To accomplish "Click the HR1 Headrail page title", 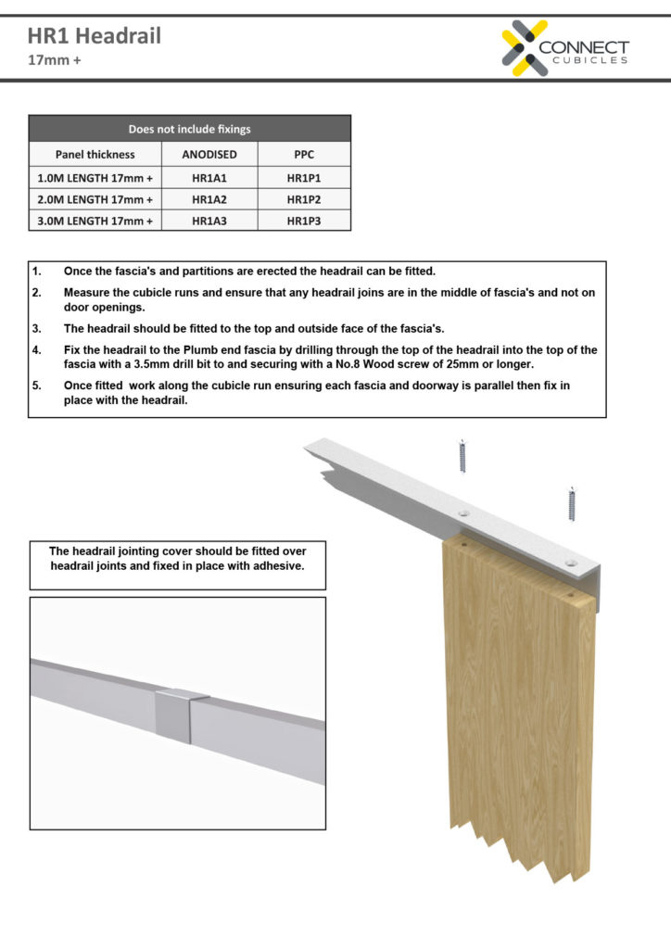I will pyautogui.click(x=94, y=37).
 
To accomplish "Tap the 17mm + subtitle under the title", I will pyautogui.click(x=53, y=62).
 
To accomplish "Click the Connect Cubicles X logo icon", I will pyautogui.click(x=525, y=48).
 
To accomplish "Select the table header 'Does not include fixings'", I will pyautogui.click(x=189, y=129).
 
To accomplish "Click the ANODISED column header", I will pyautogui.click(x=209, y=154).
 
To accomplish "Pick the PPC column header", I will pyautogui.click(x=303, y=154).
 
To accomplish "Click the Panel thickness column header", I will pyautogui.click(x=95, y=154).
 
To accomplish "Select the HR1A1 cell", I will pyautogui.click(x=209, y=176).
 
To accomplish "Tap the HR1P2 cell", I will pyautogui.click(x=303, y=198).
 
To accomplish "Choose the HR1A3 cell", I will pyautogui.click(x=209, y=221).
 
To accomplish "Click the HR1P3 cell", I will pyautogui.click(x=303, y=221).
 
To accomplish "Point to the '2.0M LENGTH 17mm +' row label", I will pyautogui.click(x=95, y=198).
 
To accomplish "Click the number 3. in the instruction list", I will pyautogui.click(x=37, y=328).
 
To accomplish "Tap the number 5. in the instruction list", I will pyautogui.click(x=37, y=385).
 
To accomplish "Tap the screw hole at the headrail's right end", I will pyautogui.click(x=570, y=562).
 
